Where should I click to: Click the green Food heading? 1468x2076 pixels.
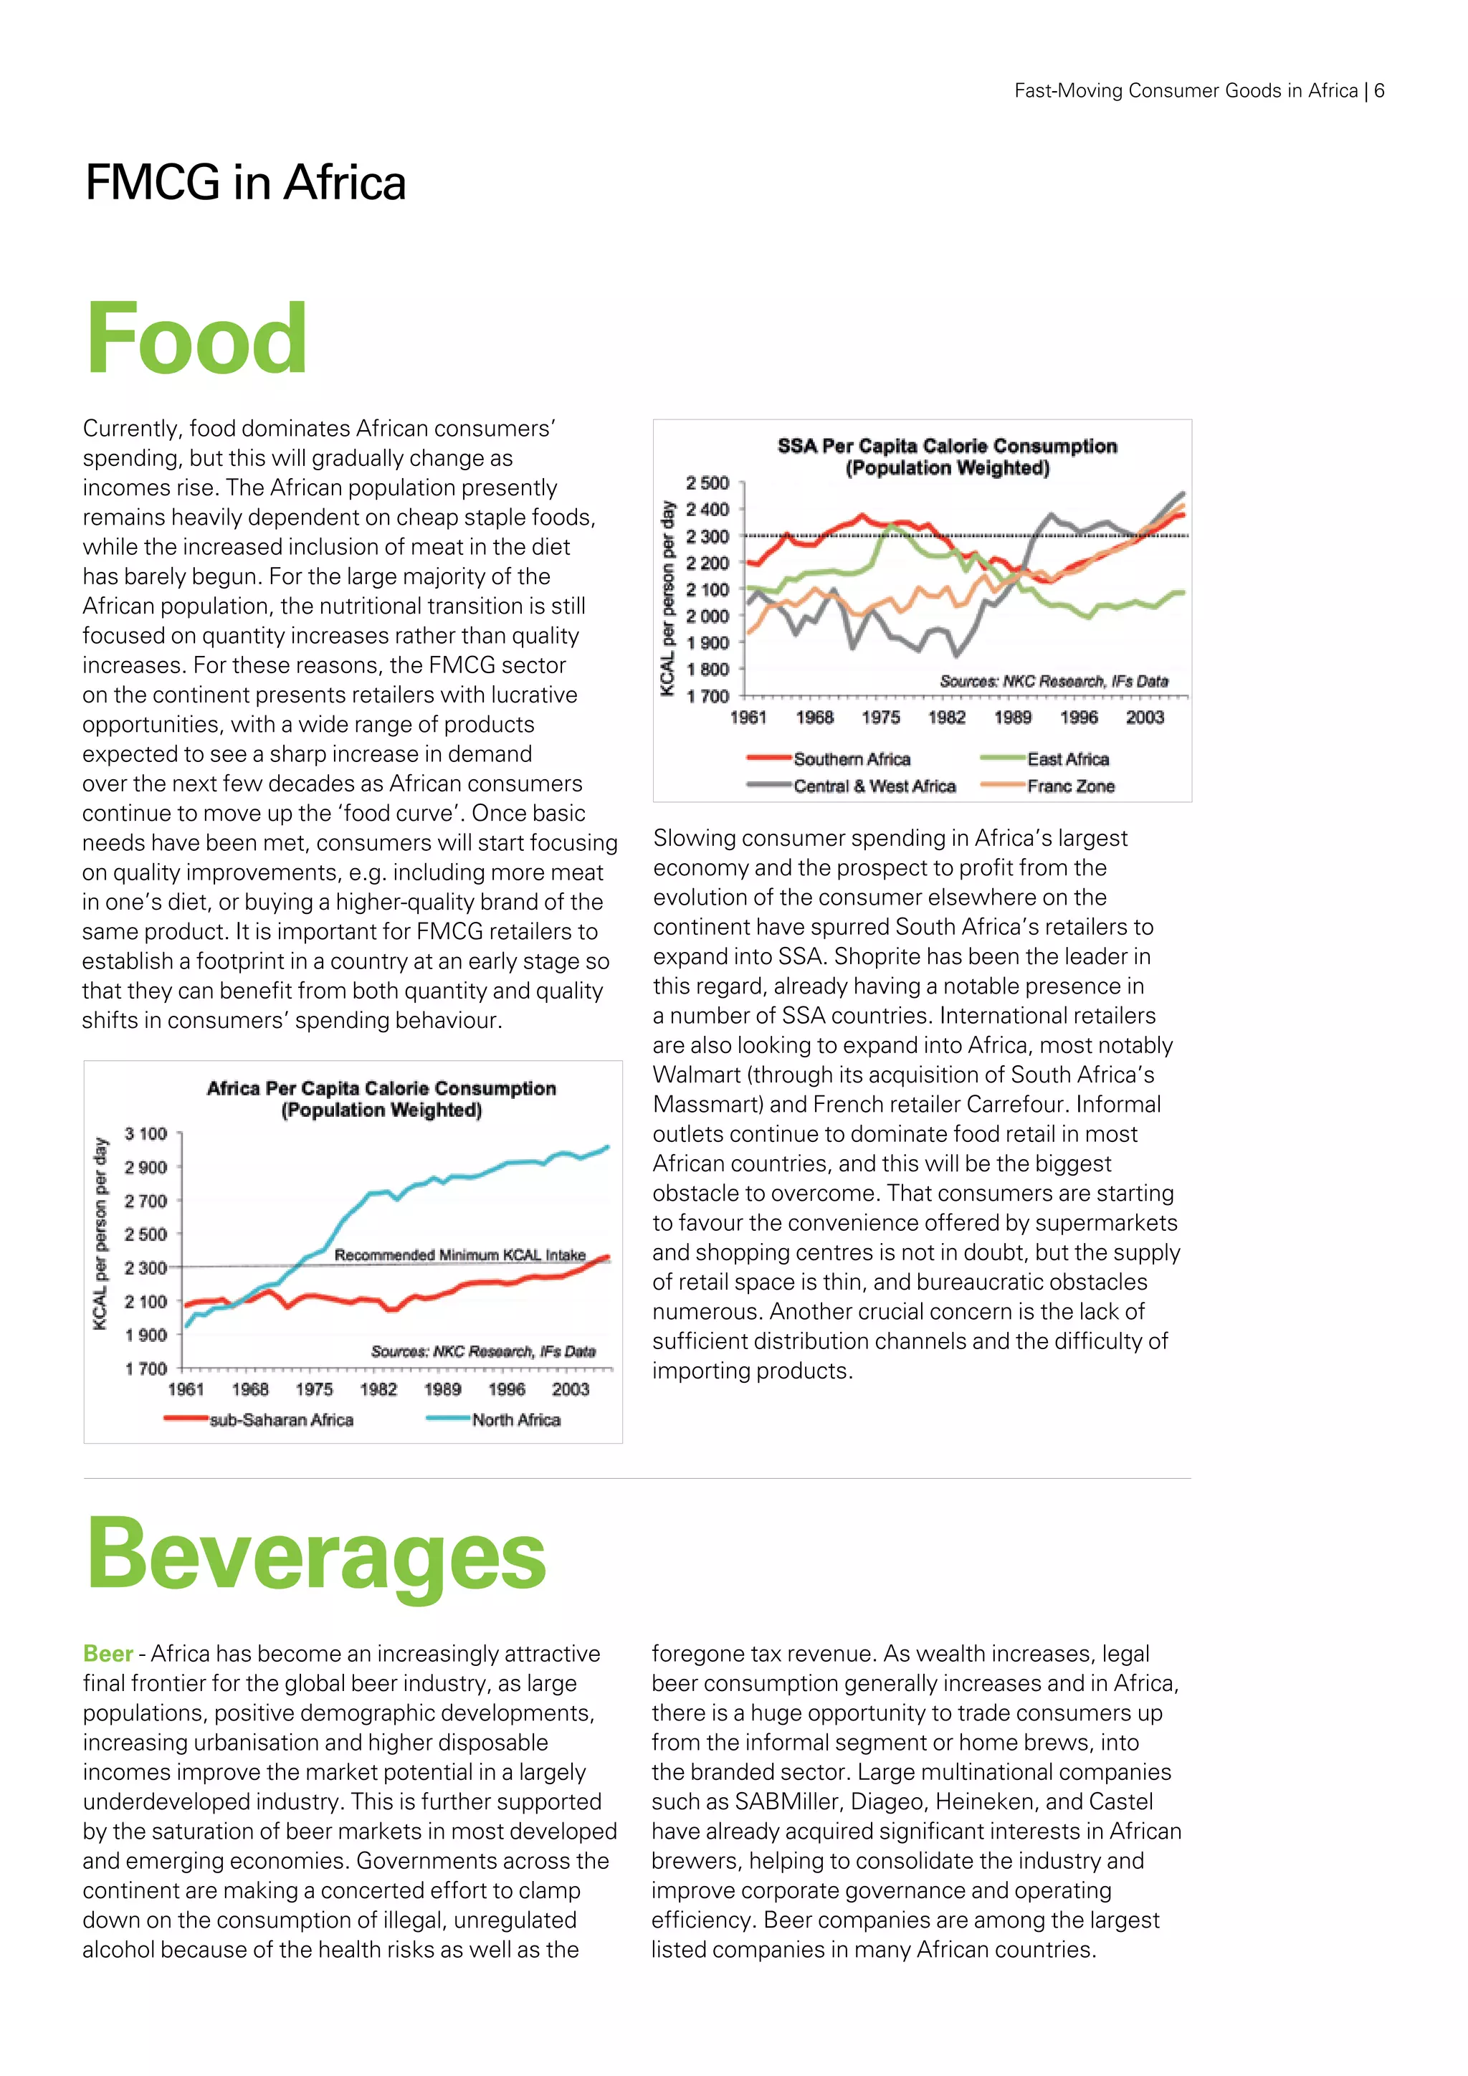point(196,339)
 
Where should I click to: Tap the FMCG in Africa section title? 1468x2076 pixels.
point(245,183)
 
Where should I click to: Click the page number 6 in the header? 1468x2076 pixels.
point(1378,90)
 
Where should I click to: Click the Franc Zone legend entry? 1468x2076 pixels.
point(1070,786)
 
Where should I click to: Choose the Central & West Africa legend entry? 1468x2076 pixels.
point(873,786)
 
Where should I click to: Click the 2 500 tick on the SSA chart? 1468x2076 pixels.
point(707,483)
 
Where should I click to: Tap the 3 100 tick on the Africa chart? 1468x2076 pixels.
point(146,1134)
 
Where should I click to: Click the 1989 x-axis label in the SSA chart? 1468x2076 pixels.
point(1012,717)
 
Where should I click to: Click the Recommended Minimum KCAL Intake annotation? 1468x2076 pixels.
point(459,1255)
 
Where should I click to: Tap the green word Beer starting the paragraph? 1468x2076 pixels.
point(108,1654)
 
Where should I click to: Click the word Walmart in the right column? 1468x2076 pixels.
point(695,1075)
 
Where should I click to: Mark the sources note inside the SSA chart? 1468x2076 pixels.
point(1053,681)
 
